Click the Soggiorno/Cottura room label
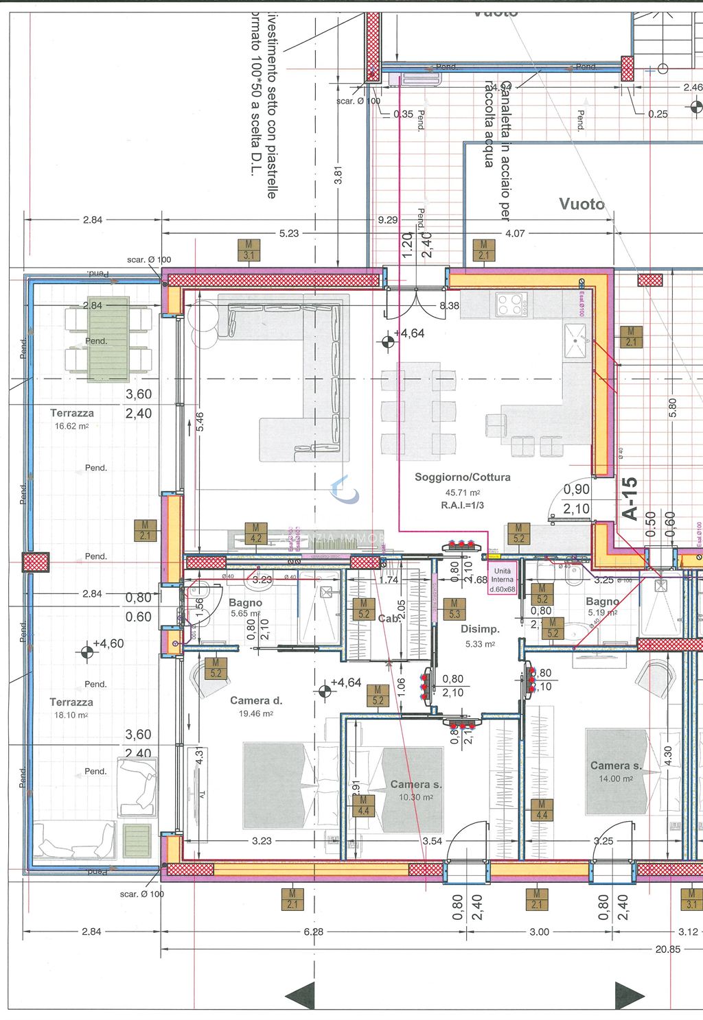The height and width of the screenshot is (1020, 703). point(462,477)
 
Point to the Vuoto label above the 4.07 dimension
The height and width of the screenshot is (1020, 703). point(581,204)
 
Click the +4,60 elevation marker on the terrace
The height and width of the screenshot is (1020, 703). point(87,652)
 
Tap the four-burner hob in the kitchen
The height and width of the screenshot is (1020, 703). point(511,303)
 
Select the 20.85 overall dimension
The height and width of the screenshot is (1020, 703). point(667,949)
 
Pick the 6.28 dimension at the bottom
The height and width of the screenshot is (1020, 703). point(313,932)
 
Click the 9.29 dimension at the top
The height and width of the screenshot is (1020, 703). point(387,220)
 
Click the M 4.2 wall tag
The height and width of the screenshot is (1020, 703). point(255,533)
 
